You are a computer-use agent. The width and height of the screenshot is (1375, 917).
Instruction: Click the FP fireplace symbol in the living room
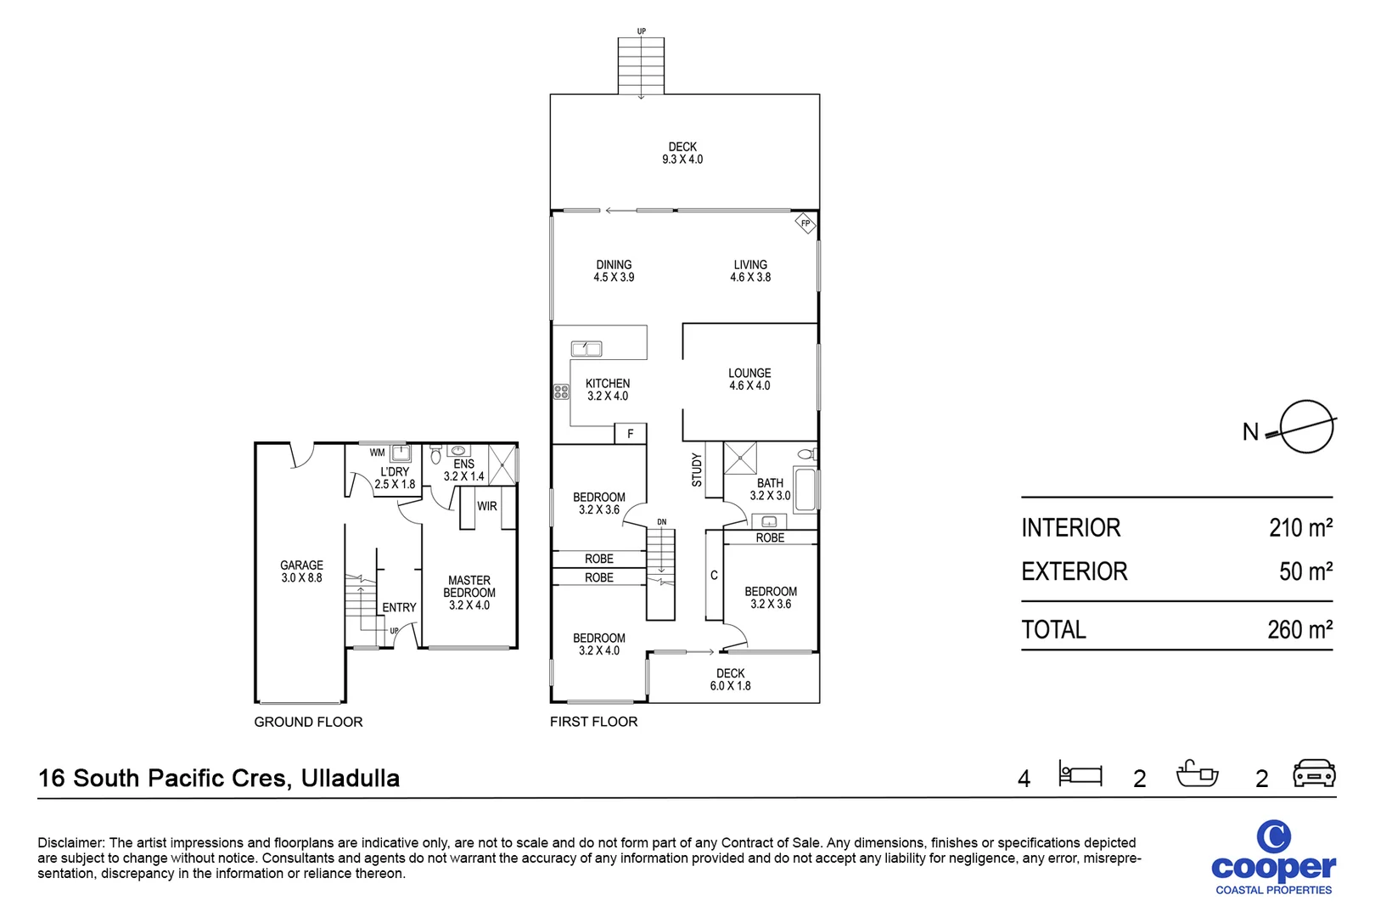click(805, 224)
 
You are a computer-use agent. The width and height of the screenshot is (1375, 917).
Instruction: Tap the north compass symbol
click(1305, 427)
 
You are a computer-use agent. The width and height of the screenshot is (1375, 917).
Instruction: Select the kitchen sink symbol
click(586, 348)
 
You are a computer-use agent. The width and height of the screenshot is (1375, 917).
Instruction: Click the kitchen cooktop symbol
click(561, 392)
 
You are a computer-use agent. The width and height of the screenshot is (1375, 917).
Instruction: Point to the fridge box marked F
click(630, 434)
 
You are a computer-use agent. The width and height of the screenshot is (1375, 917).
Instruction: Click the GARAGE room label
click(301, 565)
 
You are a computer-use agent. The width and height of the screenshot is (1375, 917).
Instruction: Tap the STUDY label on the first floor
click(697, 470)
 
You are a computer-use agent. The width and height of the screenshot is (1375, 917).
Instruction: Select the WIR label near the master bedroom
click(487, 506)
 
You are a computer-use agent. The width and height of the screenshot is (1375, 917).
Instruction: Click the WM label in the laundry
click(377, 453)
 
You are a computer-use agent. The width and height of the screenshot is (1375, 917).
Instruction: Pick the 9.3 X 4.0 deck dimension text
click(682, 160)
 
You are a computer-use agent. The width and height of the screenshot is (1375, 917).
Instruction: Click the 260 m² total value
click(1299, 630)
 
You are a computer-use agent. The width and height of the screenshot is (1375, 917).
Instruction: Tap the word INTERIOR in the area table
click(1070, 528)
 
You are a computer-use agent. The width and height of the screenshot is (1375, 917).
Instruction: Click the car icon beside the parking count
click(1313, 774)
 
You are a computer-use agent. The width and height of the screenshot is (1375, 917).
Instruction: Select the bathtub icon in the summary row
click(1197, 774)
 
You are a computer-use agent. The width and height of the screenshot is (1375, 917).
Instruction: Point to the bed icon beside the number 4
click(1080, 774)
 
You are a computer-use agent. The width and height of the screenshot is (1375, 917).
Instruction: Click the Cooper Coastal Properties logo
click(1273, 858)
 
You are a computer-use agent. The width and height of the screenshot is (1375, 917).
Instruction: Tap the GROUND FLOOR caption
click(308, 722)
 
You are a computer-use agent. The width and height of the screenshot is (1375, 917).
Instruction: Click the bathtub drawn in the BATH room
click(805, 489)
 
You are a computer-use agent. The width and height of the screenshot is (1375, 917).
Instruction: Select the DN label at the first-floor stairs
click(662, 522)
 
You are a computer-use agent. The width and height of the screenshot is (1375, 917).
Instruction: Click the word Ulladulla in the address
click(350, 778)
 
